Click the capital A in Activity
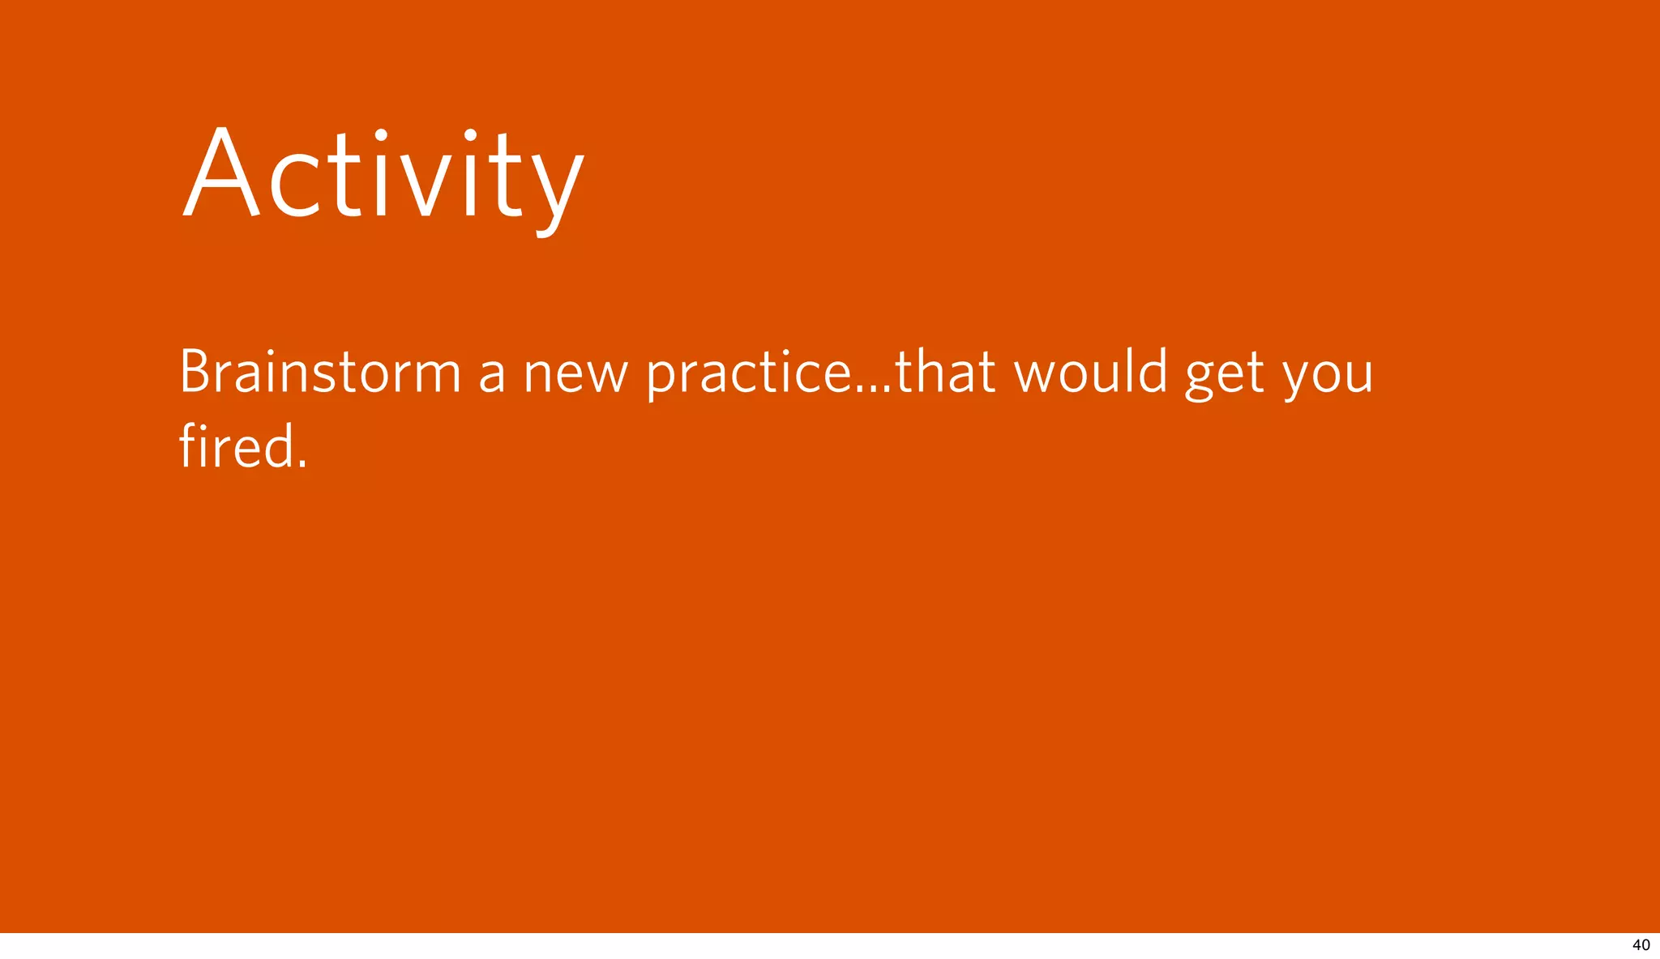(221, 174)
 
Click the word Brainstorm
(319, 373)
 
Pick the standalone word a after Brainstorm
(492, 377)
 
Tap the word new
(575, 377)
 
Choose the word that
(945, 373)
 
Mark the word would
(1091, 373)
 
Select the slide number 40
(1641, 945)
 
